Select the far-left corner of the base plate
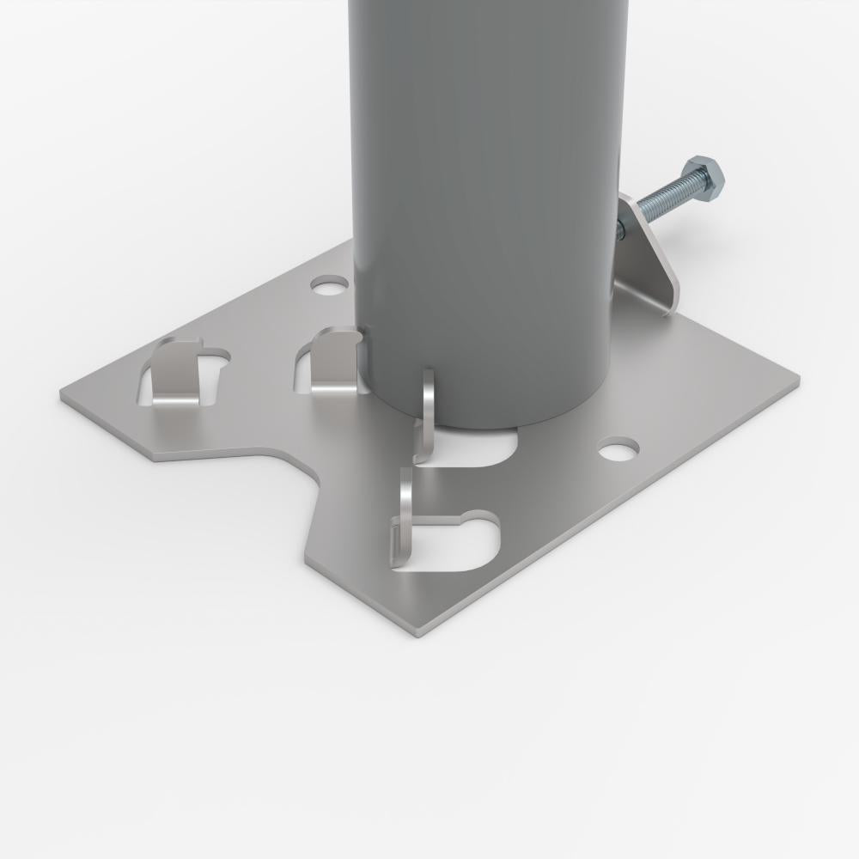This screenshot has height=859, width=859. [x=62, y=395]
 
